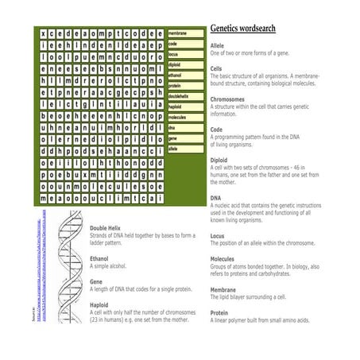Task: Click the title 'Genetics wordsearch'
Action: tap(243, 29)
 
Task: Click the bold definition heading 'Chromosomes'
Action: tap(227, 99)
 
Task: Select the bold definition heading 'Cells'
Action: tap(217, 68)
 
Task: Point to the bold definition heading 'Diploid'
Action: tap(219, 158)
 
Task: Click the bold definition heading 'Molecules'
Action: tap(223, 259)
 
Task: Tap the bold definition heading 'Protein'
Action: tap(219, 312)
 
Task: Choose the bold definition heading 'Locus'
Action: tap(218, 235)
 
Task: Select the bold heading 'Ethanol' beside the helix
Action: tap(100, 257)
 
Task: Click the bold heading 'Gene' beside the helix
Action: tap(96, 281)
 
